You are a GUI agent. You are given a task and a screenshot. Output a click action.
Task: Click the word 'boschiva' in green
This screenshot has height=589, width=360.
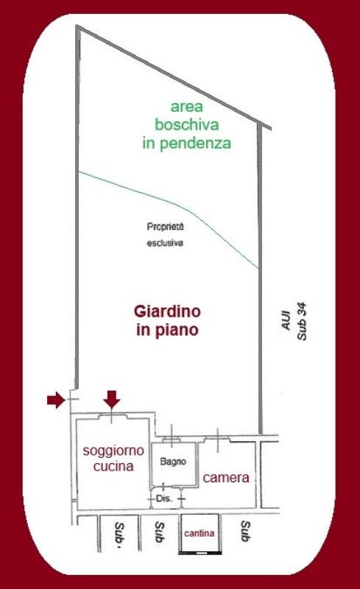[187, 124]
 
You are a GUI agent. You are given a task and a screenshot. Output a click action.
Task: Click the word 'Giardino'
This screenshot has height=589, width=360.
[167, 311]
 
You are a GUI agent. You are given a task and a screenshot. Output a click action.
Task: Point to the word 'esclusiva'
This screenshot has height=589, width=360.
[165, 243]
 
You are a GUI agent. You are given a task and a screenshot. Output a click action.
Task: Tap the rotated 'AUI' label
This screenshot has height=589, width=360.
[286, 320]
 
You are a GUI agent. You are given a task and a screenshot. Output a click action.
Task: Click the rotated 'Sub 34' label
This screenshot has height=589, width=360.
[302, 321]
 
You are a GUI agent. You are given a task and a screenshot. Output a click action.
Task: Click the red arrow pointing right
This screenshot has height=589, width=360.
[57, 400]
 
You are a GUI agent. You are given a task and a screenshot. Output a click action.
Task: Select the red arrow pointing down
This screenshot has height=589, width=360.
[112, 399]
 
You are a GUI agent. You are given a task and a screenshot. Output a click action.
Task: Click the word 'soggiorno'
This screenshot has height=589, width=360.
[113, 451]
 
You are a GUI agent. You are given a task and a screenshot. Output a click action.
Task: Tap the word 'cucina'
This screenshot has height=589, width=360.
[113, 466]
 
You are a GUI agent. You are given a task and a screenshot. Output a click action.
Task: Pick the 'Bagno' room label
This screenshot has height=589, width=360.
[173, 462]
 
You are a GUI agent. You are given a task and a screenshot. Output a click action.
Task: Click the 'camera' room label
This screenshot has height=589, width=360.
[226, 477]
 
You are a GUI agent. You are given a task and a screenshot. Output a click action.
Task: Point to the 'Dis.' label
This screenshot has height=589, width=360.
[164, 499]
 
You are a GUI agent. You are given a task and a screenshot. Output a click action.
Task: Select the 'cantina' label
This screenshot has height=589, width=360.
[200, 533]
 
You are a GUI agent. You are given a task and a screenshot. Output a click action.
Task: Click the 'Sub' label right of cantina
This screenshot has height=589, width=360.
[245, 531]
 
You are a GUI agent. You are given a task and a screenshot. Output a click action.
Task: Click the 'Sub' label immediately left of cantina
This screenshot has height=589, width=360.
[160, 532]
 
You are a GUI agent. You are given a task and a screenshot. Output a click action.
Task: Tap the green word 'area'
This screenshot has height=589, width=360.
[187, 107]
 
